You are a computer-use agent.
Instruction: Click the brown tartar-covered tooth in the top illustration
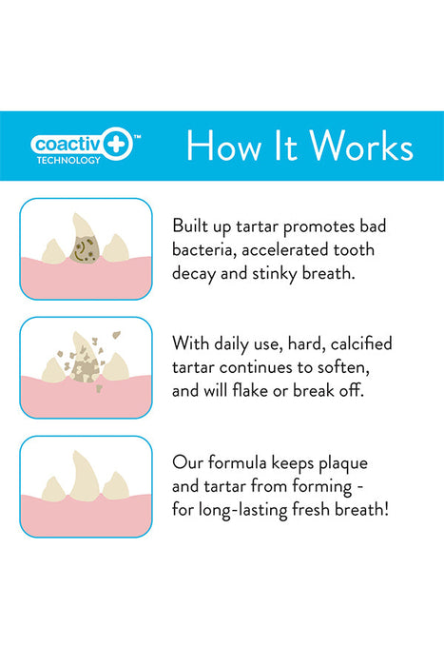pyautogui.click(x=87, y=245)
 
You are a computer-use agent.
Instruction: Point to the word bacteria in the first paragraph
pyautogui.click(x=206, y=249)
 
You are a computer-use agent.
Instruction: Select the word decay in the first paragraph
pyautogui.click(x=196, y=272)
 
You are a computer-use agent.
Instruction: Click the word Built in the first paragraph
pyautogui.click(x=191, y=226)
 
